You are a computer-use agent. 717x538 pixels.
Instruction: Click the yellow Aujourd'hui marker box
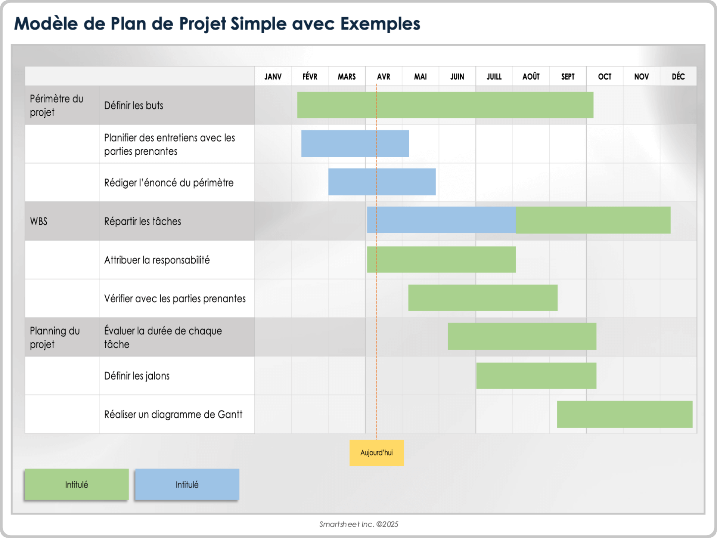(376, 453)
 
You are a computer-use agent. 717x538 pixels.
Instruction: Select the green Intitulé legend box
(77, 485)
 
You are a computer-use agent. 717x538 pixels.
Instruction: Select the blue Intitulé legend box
(187, 485)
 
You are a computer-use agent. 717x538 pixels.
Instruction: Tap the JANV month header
(273, 77)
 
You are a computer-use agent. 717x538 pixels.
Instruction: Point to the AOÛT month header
(531, 77)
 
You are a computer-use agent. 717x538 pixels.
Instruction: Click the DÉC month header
(678, 77)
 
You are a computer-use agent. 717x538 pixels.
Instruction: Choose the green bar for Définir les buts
(445, 105)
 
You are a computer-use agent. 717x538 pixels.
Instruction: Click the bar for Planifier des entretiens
(355, 143)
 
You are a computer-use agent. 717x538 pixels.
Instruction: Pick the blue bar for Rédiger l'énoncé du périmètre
(382, 182)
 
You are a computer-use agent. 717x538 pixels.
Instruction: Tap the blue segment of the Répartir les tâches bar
(441, 220)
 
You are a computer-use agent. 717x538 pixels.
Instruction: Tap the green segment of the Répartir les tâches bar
(593, 220)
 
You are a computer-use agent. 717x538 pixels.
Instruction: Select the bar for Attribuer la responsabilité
(441, 259)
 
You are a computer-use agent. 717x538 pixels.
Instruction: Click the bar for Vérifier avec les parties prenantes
(482, 298)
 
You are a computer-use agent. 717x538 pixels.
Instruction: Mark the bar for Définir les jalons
(536, 375)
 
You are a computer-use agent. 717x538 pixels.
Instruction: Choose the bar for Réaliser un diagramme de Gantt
(624, 414)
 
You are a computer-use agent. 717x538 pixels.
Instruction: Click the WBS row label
(39, 221)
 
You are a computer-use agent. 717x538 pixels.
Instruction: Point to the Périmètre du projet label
(56, 105)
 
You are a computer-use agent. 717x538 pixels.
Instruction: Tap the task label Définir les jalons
(137, 376)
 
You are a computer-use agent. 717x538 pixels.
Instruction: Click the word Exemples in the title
(380, 24)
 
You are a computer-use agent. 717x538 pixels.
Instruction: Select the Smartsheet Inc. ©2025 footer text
(358, 524)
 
